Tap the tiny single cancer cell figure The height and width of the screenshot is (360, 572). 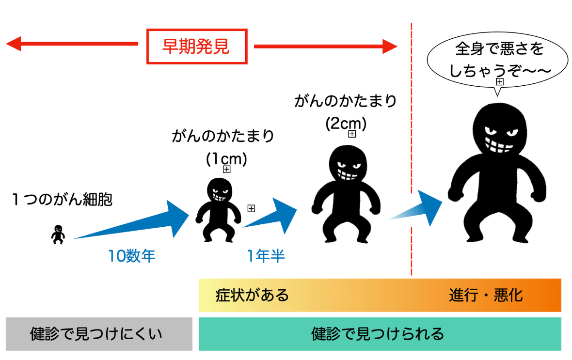click(x=58, y=235)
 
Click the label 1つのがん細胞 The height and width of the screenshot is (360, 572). click(x=62, y=199)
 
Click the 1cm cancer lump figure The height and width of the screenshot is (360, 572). click(x=218, y=208)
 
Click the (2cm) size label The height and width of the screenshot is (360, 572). click(x=346, y=123)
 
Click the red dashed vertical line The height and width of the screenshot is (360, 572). click(x=411, y=145)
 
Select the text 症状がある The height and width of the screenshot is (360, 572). click(x=252, y=295)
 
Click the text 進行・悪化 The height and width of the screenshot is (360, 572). click(x=486, y=295)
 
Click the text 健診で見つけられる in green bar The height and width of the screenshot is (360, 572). click(x=378, y=334)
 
